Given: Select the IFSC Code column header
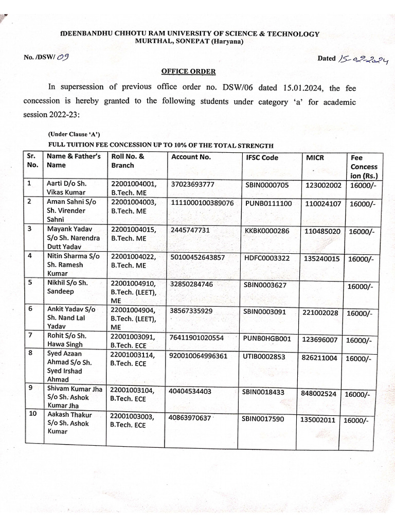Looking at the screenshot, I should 262,157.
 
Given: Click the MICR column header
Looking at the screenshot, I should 315,157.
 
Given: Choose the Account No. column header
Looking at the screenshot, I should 191,157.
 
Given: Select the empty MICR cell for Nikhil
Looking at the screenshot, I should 321,291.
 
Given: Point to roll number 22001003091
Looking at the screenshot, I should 132,337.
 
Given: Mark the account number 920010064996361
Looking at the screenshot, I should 202,356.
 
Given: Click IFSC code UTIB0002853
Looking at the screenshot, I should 265,357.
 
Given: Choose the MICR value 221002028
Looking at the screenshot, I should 320,312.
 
